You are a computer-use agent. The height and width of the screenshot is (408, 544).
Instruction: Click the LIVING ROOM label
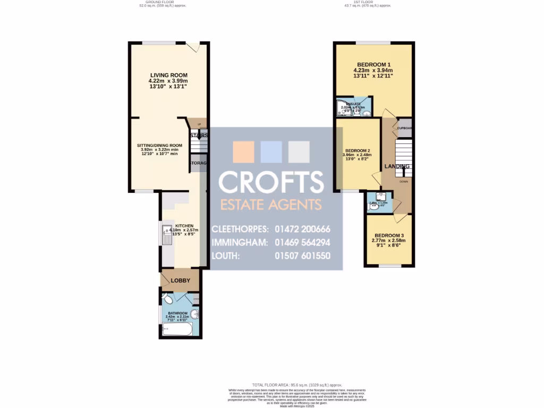(x=168, y=75)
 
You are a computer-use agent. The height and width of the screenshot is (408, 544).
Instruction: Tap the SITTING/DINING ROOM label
(x=159, y=146)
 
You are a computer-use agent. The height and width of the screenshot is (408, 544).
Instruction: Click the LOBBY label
(x=180, y=280)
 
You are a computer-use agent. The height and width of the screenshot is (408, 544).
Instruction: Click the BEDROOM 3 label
(x=389, y=235)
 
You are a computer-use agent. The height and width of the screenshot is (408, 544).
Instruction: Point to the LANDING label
(x=397, y=167)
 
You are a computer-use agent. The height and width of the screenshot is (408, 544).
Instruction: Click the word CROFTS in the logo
(x=271, y=182)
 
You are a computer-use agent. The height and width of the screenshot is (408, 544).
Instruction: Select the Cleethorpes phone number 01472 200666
(x=302, y=229)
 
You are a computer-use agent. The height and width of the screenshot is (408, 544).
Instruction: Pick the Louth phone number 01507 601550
(x=302, y=256)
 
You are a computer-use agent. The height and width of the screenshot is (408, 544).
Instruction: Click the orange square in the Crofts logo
(x=244, y=152)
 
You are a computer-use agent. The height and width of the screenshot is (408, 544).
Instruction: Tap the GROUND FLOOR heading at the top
(x=155, y=2)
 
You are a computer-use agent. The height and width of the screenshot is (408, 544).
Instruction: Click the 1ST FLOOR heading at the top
(x=366, y=2)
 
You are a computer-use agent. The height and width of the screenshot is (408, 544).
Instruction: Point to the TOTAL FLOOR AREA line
(x=297, y=385)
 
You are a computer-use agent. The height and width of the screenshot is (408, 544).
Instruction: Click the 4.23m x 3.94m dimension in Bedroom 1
(x=373, y=70)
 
